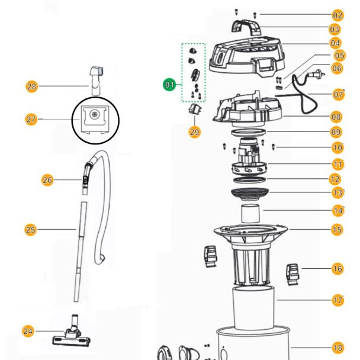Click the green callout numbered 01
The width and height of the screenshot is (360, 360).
pyautogui.click(x=169, y=85)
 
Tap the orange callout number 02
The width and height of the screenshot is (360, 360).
pyautogui.click(x=337, y=15)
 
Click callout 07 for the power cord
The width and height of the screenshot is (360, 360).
pyautogui.click(x=338, y=94)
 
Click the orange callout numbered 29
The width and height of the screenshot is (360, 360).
pyautogui.click(x=194, y=132)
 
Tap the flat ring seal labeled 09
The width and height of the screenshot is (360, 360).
pyautogui.click(x=248, y=133)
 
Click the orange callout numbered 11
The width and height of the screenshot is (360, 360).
pyautogui.click(x=337, y=165)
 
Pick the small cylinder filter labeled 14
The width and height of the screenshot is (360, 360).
pyautogui.click(x=250, y=214)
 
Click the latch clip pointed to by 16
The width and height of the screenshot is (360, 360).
pyautogui.click(x=292, y=274)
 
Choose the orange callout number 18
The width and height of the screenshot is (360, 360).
pyautogui.click(x=337, y=348)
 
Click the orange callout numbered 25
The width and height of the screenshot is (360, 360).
pyautogui.click(x=30, y=230)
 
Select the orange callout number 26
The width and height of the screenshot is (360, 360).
pyautogui.click(x=47, y=180)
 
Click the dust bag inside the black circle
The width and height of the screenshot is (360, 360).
pyautogui.click(x=95, y=120)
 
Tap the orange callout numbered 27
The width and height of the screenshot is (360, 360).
pyautogui.click(x=31, y=120)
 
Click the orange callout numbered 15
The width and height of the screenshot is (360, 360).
pyautogui.click(x=337, y=229)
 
